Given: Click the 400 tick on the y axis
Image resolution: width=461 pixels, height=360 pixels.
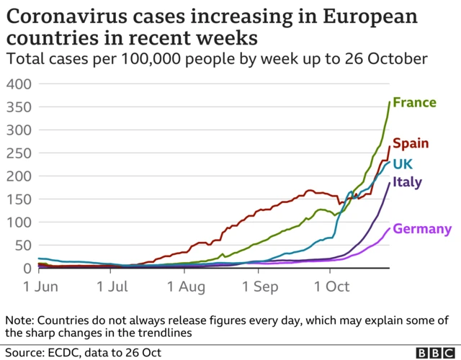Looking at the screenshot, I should [19, 84].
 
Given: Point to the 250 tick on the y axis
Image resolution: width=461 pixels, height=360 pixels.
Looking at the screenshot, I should [19, 153].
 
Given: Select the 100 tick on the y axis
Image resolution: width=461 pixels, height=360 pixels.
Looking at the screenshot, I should [19, 222].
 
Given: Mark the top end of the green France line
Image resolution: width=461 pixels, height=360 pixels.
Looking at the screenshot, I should [390, 102].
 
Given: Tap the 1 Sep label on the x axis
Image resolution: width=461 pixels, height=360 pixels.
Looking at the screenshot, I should [256, 287].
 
